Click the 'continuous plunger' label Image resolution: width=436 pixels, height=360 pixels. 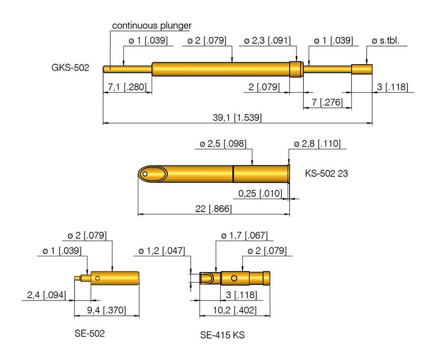(x=152, y=25)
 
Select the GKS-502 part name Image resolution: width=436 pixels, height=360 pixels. (x=70, y=68)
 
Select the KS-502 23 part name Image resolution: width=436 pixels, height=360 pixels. (x=326, y=174)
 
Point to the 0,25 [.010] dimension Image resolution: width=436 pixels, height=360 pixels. (x=260, y=193)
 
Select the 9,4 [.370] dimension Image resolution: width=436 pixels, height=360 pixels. (x=107, y=311)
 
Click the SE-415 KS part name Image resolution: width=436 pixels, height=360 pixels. (x=223, y=335)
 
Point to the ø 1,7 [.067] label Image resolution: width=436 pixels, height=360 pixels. (x=244, y=235)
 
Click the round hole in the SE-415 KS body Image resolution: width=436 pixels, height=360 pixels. (x=234, y=278)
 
